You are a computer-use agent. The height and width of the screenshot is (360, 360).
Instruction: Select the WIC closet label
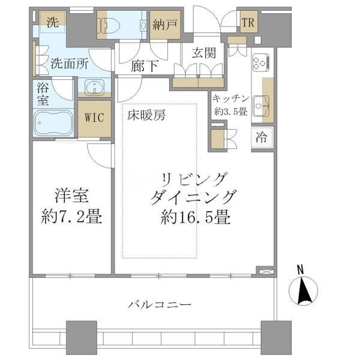point(94,118)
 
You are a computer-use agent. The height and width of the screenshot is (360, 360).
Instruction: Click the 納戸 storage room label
point(165,25)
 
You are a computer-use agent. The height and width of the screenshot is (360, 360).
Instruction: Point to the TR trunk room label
point(248,23)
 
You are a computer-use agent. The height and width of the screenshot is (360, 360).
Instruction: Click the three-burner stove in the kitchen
point(261,62)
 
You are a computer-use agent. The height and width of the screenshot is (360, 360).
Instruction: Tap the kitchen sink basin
point(261,106)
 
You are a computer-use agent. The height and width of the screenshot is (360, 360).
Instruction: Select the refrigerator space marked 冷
point(262,137)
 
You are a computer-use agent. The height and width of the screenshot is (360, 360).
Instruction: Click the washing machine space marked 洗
point(53,22)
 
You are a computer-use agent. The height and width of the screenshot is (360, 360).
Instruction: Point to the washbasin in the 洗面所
point(94,87)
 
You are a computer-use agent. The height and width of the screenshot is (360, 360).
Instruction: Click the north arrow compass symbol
point(303,290)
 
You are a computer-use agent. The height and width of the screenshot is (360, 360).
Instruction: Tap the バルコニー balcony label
point(160,305)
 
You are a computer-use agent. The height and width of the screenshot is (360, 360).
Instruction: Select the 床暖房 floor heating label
point(146,115)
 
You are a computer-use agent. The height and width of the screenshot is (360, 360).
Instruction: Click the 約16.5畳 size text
point(196,217)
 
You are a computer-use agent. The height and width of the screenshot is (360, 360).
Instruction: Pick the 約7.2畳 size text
point(71,217)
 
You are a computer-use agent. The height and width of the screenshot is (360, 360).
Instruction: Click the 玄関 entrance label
point(204,53)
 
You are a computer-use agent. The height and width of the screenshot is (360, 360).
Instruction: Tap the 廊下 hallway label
point(145,66)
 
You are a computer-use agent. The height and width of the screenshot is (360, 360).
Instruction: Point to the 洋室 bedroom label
point(72,196)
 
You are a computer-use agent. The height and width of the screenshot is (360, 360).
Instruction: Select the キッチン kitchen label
point(231,99)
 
